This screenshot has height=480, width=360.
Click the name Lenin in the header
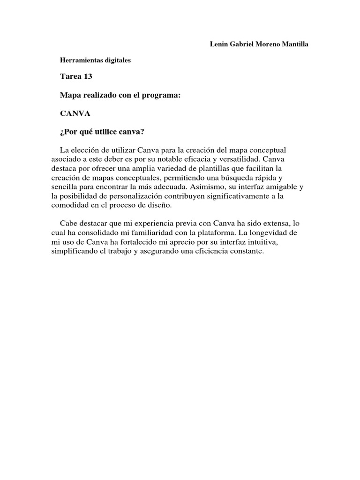point(218,44)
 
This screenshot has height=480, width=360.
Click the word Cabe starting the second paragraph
point(69,223)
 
